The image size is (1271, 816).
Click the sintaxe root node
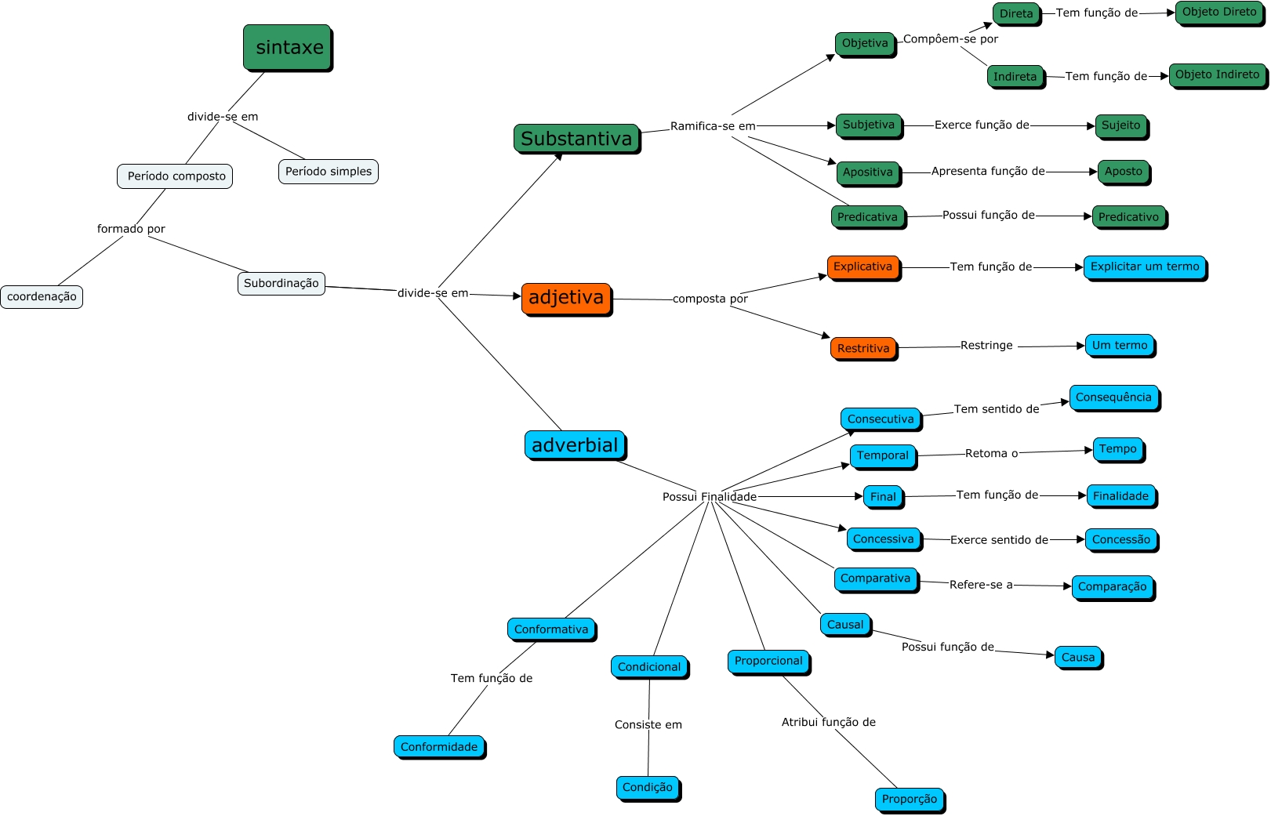tap(288, 47)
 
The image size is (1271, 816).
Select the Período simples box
tap(329, 172)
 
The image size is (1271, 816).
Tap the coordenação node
tap(42, 296)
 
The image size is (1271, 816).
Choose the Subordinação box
tap(281, 283)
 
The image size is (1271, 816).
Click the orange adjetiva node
tap(566, 299)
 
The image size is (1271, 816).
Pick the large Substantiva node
tap(576, 139)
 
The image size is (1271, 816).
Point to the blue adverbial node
tap(575, 445)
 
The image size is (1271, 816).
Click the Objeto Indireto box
tap(1217, 75)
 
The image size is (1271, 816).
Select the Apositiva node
tap(867, 172)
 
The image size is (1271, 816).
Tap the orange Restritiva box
tap(863, 348)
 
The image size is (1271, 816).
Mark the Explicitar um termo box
tap(1145, 267)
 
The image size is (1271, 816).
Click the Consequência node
tap(1113, 397)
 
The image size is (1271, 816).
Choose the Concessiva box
tap(884, 539)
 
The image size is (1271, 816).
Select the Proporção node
tap(910, 799)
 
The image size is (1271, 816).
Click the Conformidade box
tap(439, 747)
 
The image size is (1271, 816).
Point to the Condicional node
tap(649, 667)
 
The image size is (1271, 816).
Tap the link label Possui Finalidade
tap(710, 497)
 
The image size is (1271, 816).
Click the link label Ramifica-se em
tap(713, 126)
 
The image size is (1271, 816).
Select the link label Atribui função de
tap(828, 722)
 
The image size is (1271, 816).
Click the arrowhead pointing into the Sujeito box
tap(1091, 125)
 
